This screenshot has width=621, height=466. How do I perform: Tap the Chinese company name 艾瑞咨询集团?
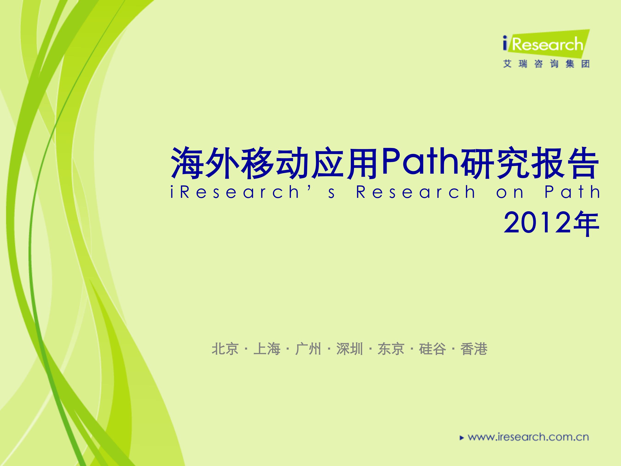tap(546, 64)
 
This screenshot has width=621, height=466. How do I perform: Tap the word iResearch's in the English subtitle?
tap(253, 192)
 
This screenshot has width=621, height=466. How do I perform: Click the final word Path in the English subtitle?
tap(572, 192)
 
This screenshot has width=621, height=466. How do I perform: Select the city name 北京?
tap(225, 349)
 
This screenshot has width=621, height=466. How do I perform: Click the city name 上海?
tap(267, 349)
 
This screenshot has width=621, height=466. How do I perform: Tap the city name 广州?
tap(308, 349)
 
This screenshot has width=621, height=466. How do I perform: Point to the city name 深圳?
tap(350, 349)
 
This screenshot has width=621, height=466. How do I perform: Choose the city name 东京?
tap(391, 349)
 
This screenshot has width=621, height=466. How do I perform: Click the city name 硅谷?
tap(432, 349)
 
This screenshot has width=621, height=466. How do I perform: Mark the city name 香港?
tap(474, 349)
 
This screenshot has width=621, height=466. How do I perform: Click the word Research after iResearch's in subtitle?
tap(416, 192)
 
